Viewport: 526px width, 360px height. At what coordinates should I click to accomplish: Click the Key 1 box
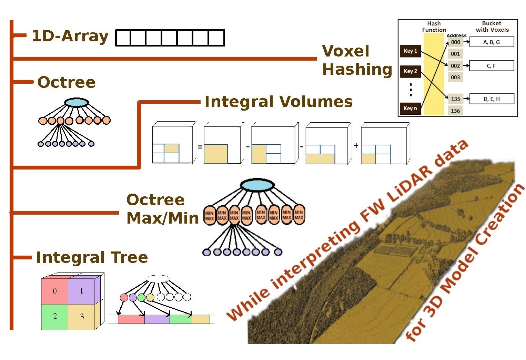[410, 51]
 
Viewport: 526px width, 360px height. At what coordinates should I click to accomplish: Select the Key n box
[410, 109]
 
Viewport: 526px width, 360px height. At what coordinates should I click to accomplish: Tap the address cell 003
[455, 77]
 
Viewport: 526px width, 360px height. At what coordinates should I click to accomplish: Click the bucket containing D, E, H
[492, 99]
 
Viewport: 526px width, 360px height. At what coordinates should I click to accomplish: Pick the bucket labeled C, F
[492, 66]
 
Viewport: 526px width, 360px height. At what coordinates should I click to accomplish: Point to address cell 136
[455, 111]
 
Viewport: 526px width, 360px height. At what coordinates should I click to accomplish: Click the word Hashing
[357, 70]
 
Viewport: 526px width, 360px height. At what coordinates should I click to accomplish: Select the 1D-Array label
[70, 36]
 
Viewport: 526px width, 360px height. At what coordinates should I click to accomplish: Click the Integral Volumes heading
[279, 102]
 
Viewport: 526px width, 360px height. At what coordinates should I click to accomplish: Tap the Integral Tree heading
[92, 257]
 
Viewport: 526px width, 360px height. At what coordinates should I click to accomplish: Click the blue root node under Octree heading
[77, 102]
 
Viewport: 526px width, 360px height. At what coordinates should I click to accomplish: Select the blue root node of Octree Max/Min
[257, 185]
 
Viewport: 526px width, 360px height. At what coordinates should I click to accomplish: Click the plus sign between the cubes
[356, 145]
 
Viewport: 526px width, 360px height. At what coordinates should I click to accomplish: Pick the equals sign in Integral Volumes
[200, 147]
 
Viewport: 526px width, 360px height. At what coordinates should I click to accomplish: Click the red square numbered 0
[55, 291]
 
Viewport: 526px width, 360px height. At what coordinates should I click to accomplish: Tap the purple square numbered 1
[82, 291]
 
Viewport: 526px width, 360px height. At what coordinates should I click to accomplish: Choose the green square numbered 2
[55, 317]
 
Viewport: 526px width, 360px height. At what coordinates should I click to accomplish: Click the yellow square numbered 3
[82, 317]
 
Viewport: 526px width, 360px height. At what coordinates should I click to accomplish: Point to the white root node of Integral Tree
[158, 279]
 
